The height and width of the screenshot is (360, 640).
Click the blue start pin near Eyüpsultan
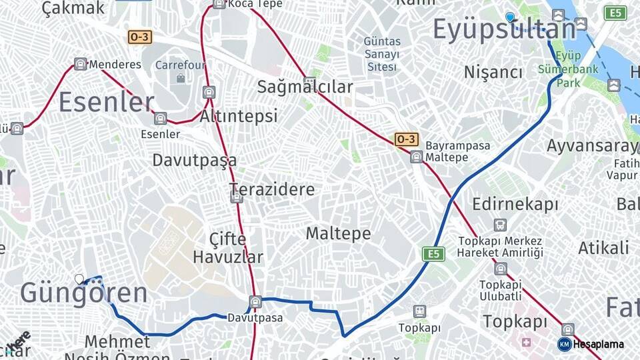click(x=510, y=17)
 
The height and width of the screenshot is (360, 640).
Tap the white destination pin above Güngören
click(x=80, y=279)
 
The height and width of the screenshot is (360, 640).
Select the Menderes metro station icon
click(x=81, y=64)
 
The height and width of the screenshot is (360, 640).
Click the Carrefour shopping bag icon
click(x=181, y=78)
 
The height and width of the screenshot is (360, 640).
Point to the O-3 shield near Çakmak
click(x=139, y=37)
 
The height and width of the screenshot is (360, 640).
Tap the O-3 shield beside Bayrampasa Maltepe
click(x=406, y=139)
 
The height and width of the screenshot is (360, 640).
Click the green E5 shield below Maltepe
click(x=433, y=254)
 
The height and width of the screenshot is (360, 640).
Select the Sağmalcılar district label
click(x=305, y=87)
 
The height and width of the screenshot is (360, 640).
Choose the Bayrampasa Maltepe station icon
click(x=417, y=157)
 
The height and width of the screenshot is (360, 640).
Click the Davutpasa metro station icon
click(x=255, y=302)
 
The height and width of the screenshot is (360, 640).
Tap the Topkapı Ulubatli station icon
click(x=501, y=269)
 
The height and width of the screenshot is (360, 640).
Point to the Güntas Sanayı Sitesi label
click(x=382, y=54)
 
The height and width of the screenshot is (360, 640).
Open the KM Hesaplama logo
click(x=591, y=344)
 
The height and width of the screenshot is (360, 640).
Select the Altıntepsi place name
click(x=239, y=116)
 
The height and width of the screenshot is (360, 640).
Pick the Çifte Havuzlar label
click(x=228, y=248)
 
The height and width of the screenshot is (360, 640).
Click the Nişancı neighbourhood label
click(x=493, y=72)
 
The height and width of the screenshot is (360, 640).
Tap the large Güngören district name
click(x=83, y=293)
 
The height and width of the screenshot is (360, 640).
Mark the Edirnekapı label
click(x=515, y=204)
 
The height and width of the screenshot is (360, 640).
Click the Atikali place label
click(x=603, y=248)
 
